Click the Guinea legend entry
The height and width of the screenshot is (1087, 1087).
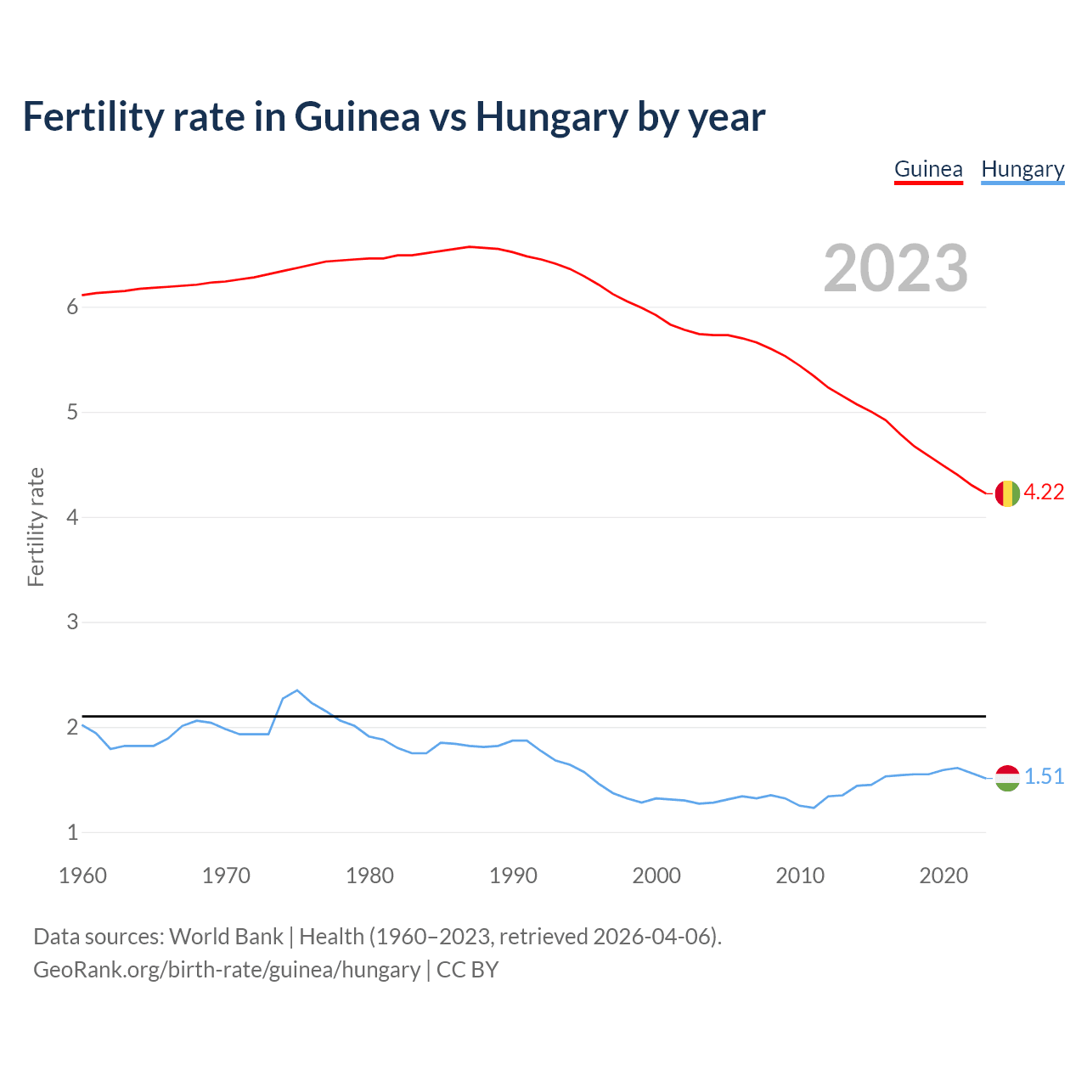coord(928,169)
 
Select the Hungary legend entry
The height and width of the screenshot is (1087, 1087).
coord(1022,169)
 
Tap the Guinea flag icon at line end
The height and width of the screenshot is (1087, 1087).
coord(1007,493)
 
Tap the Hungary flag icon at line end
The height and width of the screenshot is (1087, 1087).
coord(1007,777)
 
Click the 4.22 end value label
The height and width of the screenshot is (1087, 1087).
coord(1044,493)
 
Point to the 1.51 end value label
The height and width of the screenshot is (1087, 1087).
coord(1044,777)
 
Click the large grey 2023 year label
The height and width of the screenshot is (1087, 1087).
coord(896,268)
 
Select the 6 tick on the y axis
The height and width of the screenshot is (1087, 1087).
coord(72,307)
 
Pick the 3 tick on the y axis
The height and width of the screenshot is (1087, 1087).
coord(72,622)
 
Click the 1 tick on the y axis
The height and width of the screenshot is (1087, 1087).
coord(72,833)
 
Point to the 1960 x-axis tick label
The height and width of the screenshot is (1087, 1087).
coord(82,876)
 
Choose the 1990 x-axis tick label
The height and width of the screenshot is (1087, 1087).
coord(513,876)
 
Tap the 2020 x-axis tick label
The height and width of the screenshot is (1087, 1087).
coord(943,876)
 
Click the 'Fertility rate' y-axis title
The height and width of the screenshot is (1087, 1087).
coord(36,527)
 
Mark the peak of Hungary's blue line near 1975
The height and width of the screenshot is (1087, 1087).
coord(296,690)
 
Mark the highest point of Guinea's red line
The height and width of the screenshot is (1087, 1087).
coord(470,246)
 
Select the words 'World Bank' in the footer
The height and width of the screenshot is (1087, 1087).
coord(226,937)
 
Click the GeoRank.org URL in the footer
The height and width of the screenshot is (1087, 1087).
coord(227,970)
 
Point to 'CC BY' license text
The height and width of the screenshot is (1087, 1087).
coord(467,970)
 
